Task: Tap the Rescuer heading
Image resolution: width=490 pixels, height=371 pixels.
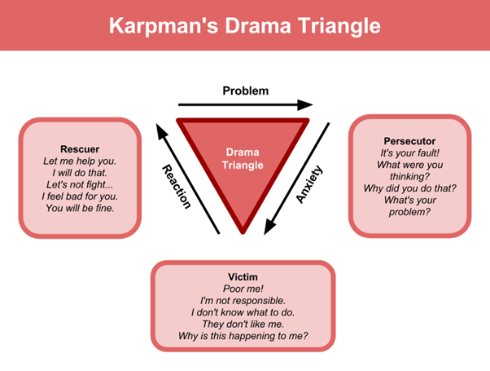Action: point(80,149)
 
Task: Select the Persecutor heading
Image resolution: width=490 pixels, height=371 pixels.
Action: point(410,141)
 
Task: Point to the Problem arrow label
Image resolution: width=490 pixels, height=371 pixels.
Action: point(245,91)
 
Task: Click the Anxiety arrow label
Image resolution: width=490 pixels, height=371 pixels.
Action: point(310,184)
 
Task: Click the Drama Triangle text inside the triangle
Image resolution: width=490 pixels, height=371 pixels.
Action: point(243,159)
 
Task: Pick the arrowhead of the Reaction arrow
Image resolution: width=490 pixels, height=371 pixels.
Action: point(161,128)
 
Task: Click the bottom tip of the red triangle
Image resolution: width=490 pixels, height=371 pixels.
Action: point(243,231)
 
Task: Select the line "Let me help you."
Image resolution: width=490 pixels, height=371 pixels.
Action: point(80,161)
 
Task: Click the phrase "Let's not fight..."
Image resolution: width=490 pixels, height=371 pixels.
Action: point(80,184)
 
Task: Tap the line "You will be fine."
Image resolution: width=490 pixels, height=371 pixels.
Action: point(80,208)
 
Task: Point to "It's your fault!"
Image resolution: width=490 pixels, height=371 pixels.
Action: point(410,153)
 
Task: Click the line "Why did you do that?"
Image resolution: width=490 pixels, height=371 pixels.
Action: point(410,188)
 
